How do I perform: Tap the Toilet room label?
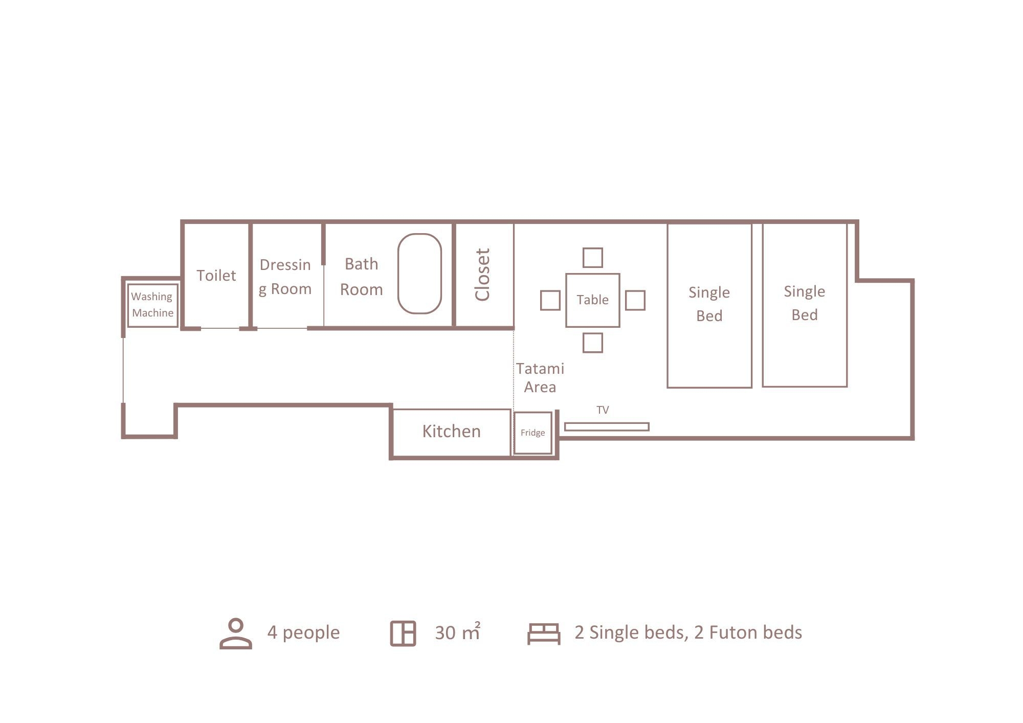point(216,276)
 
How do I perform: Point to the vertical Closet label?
point(482,275)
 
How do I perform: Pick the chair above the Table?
point(593,248)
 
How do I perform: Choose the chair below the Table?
point(593,333)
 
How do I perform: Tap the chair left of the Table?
point(541,300)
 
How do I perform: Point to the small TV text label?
point(603,410)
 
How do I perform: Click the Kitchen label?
point(451,432)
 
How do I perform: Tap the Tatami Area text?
point(540,378)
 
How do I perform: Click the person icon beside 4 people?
point(236,634)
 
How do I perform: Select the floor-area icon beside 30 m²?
point(403,634)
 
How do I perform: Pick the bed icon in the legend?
point(544,634)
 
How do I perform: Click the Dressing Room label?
point(285,277)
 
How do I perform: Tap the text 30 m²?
point(458,632)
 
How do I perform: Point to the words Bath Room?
point(362,277)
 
